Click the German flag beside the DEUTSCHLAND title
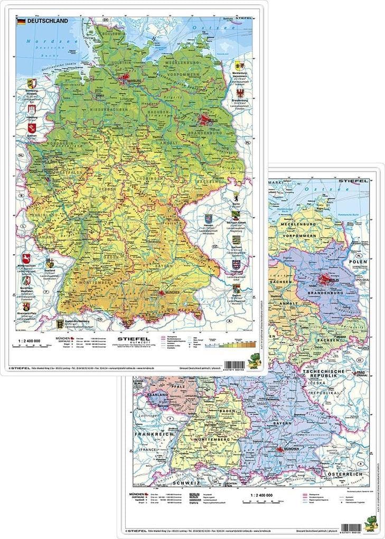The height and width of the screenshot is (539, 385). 21,21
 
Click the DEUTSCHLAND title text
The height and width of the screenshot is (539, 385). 47,21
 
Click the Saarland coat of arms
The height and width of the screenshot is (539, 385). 49,263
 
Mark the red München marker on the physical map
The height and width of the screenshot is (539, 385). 164,297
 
